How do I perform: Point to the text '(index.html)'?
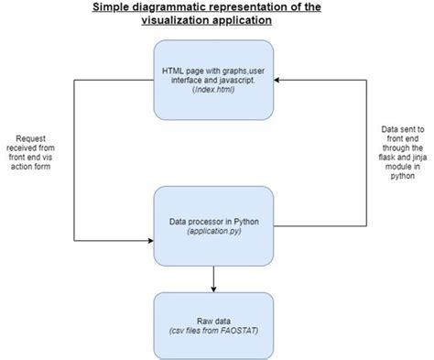(213, 90)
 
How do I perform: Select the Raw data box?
(213, 321)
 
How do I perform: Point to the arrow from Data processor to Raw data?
(213, 278)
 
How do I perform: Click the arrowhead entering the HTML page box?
(277, 80)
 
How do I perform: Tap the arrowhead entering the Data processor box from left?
(148, 241)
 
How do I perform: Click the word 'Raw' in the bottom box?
(204, 315)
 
